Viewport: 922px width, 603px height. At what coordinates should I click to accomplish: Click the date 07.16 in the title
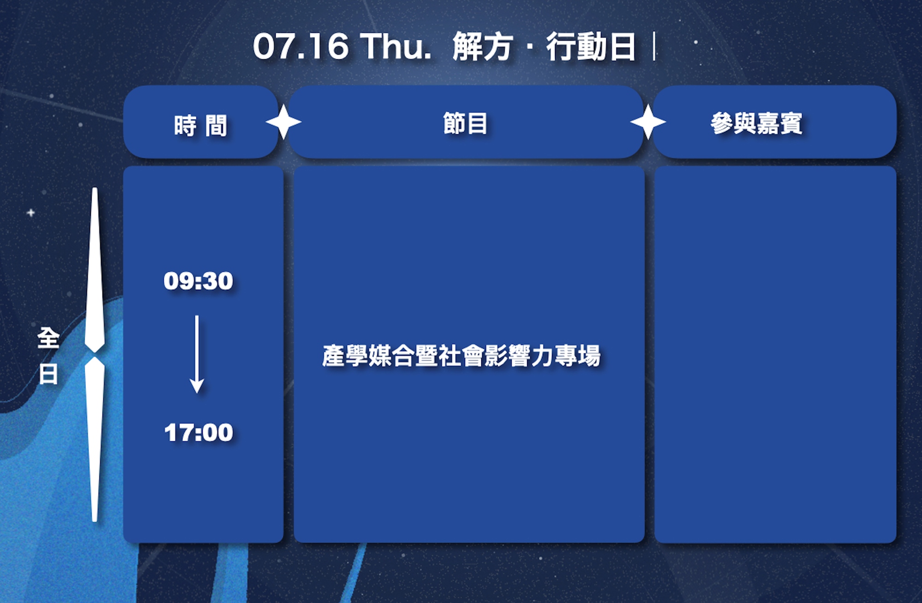tap(301, 47)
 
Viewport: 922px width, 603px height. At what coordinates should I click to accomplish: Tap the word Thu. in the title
tap(396, 47)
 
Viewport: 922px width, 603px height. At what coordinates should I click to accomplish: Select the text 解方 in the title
tap(483, 47)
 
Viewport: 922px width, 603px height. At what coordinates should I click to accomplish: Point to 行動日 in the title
tap(591, 47)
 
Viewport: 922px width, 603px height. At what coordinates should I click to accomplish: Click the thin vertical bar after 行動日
tap(654, 47)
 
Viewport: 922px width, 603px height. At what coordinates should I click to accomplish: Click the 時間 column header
tap(201, 125)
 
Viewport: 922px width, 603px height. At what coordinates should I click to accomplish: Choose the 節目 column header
tap(465, 124)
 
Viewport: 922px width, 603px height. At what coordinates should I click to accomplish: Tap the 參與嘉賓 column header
tap(756, 124)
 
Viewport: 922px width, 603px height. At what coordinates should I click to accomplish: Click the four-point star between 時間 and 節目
tap(284, 122)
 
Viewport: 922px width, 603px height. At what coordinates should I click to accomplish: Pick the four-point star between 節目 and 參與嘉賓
tap(648, 122)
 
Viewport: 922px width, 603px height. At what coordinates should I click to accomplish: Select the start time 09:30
tap(198, 281)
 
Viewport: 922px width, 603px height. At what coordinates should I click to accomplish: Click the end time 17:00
tap(199, 432)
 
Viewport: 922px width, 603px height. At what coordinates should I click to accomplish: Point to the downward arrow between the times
tap(197, 354)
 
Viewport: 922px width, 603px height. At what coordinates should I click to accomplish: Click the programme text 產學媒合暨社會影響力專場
tap(461, 356)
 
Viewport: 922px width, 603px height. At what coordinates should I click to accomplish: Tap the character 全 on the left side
tap(48, 338)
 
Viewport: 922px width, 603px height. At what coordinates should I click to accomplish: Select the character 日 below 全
tap(48, 374)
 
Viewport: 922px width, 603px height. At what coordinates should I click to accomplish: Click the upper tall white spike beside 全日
tap(95, 270)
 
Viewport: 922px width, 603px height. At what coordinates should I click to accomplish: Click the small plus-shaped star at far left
tap(31, 213)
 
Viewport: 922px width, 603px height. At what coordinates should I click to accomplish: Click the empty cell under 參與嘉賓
tap(775, 354)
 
